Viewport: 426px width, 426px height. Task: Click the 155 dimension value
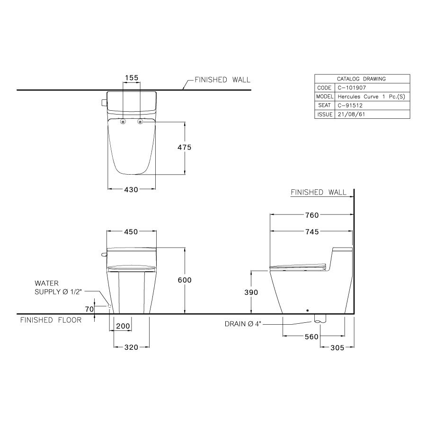132,77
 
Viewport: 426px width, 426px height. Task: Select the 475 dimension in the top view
185,147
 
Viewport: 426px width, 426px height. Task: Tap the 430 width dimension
131,189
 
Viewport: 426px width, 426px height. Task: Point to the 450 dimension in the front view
131,232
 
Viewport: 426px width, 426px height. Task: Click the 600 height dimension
185,280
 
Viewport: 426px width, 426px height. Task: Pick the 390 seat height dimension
251,293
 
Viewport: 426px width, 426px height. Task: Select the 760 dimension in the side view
312,215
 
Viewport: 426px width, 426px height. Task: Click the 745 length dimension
312,232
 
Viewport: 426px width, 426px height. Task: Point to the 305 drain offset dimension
337,347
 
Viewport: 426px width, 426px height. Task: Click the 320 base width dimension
131,347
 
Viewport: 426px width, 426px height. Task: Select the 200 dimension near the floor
123,327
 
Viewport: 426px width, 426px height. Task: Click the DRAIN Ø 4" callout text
243,324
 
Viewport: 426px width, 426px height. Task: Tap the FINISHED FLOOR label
51,320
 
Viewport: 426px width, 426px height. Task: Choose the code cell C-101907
351,88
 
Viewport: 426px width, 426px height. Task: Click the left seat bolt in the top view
123,122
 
